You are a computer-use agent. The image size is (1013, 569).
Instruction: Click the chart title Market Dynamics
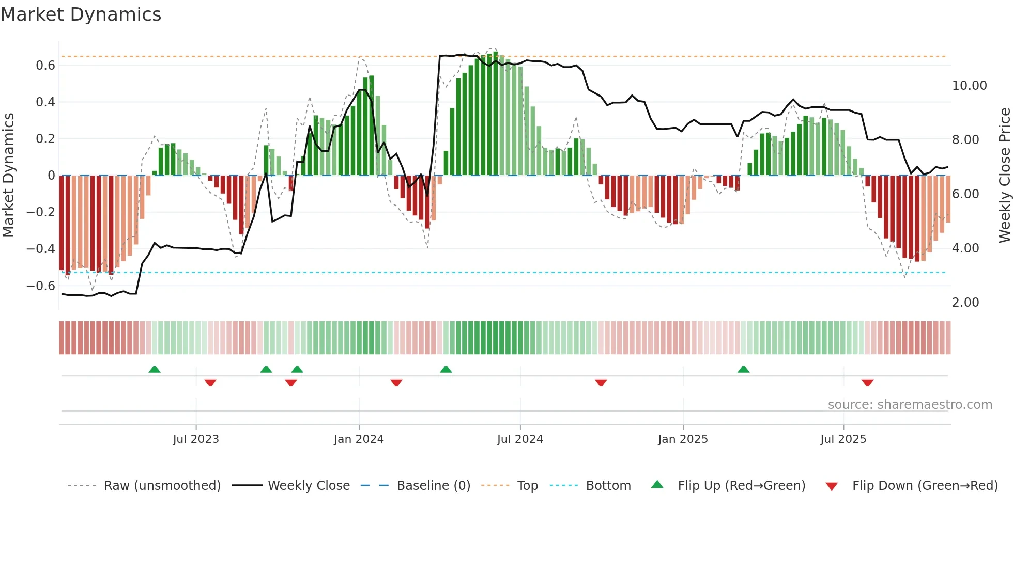click(x=81, y=14)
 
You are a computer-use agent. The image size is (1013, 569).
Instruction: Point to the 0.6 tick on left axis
click(x=45, y=66)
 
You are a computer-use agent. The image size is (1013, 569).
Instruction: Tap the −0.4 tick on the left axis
click(x=40, y=249)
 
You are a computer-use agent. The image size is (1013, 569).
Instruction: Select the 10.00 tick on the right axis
click(x=969, y=86)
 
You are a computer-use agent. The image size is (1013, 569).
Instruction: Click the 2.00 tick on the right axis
click(x=965, y=303)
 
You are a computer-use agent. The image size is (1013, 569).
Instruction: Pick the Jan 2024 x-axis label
click(x=359, y=439)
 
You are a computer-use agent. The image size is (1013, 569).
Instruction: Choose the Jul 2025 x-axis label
click(x=843, y=439)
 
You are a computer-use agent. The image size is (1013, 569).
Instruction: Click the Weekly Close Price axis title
click(x=1004, y=176)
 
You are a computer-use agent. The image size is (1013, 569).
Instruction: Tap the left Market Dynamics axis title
click(x=9, y=176)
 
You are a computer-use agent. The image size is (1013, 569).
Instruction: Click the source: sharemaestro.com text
click(x=910, y=405)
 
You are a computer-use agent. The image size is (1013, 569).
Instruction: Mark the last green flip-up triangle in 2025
click(x=743, y=370)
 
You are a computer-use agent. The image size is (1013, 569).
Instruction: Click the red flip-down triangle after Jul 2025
click(x=867, y=383)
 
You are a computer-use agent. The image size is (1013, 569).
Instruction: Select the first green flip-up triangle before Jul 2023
click(x=154, y=370)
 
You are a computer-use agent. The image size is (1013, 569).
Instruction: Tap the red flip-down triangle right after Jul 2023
click(x=210, y=383)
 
